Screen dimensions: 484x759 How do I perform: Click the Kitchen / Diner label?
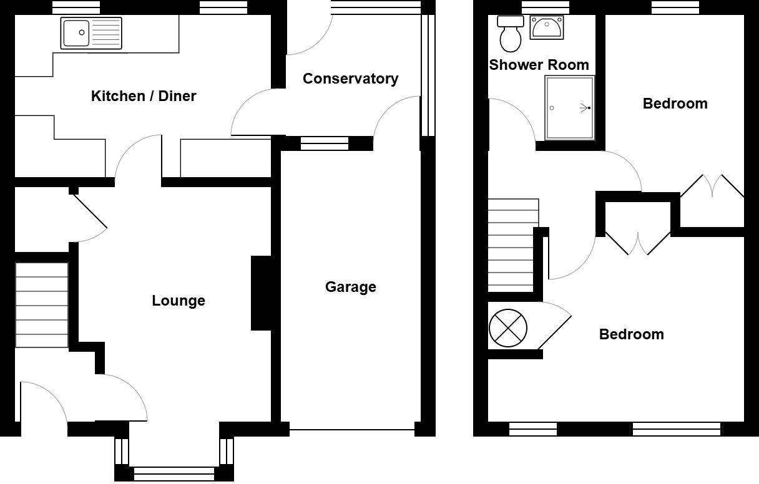(144, 96)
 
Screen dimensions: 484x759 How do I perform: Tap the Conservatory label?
(350, 79)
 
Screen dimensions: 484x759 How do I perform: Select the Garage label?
(350, 287)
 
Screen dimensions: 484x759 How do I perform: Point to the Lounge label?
(179, 301)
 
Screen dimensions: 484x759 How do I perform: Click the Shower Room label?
(539, 65)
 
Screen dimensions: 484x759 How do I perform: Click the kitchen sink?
(91, 33)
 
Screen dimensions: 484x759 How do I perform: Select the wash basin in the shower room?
(547, 27)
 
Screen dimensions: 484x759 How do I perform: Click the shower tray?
(569, 108)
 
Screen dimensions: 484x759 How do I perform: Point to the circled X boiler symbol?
(508, 328)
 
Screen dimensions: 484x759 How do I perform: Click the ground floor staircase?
(42, 305)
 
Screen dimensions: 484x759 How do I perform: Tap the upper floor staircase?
(512, 244)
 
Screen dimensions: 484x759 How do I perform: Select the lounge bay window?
(174, 473)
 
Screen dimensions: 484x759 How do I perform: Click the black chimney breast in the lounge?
(261, 293)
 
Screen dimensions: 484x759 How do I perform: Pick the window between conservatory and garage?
(325, 143)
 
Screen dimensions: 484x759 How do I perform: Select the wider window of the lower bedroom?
(677, 428)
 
